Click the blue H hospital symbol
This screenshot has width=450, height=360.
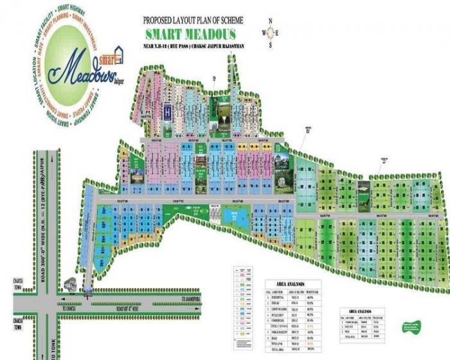168,111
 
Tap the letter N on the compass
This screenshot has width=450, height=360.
271,21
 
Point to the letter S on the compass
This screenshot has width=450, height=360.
271,45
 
